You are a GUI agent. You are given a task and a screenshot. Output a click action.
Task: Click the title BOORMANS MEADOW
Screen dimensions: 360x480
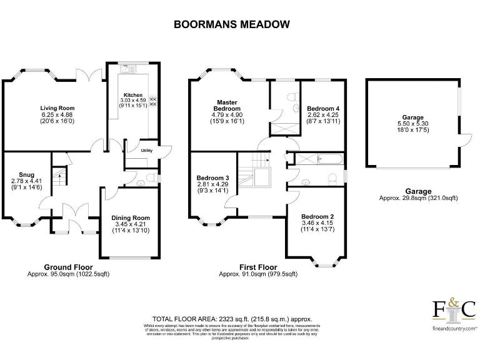click(231, 25)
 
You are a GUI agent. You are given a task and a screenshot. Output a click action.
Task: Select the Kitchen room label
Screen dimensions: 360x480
click(132, 95)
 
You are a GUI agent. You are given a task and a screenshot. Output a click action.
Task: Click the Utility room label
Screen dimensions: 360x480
click(147, 151)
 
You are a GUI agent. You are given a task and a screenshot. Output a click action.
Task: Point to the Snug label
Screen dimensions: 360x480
click(26, 174)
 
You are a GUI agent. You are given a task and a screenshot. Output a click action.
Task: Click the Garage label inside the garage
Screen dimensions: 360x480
click(413, 117)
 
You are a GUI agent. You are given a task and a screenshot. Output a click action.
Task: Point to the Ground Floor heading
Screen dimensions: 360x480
click(67, 267)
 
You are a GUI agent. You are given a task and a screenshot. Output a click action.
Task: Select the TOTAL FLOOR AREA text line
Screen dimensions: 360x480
click(232, 319)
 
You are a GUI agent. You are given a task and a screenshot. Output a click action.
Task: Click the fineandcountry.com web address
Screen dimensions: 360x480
click(454, 327)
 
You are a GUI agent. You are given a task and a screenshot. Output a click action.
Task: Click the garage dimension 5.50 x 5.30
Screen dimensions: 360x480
click(413, 124)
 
